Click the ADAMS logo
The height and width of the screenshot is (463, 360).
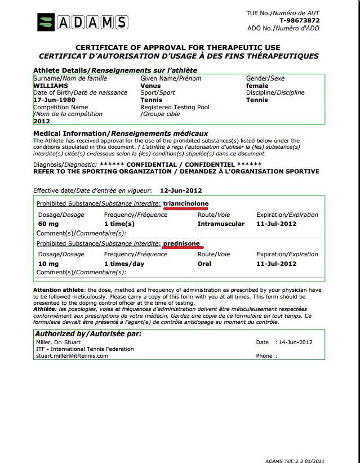point(82,22)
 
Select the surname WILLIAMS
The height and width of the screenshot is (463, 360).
point(51,86)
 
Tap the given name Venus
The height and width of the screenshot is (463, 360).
point(150,86)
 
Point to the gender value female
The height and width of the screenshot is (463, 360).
point(257,86)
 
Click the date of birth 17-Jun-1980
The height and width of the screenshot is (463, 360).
point(55,100)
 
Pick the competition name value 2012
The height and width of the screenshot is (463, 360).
point(42,121)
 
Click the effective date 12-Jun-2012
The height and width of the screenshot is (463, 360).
point(181,190)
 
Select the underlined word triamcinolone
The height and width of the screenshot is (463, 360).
point(186,203)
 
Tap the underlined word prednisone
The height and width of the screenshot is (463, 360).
point(182,243)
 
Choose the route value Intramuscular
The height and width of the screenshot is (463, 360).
point(221,224)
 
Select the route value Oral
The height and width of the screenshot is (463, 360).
point(206,264)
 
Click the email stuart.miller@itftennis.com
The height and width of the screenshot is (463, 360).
point(72,356)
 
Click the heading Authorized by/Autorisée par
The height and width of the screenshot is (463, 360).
point(88,334)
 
